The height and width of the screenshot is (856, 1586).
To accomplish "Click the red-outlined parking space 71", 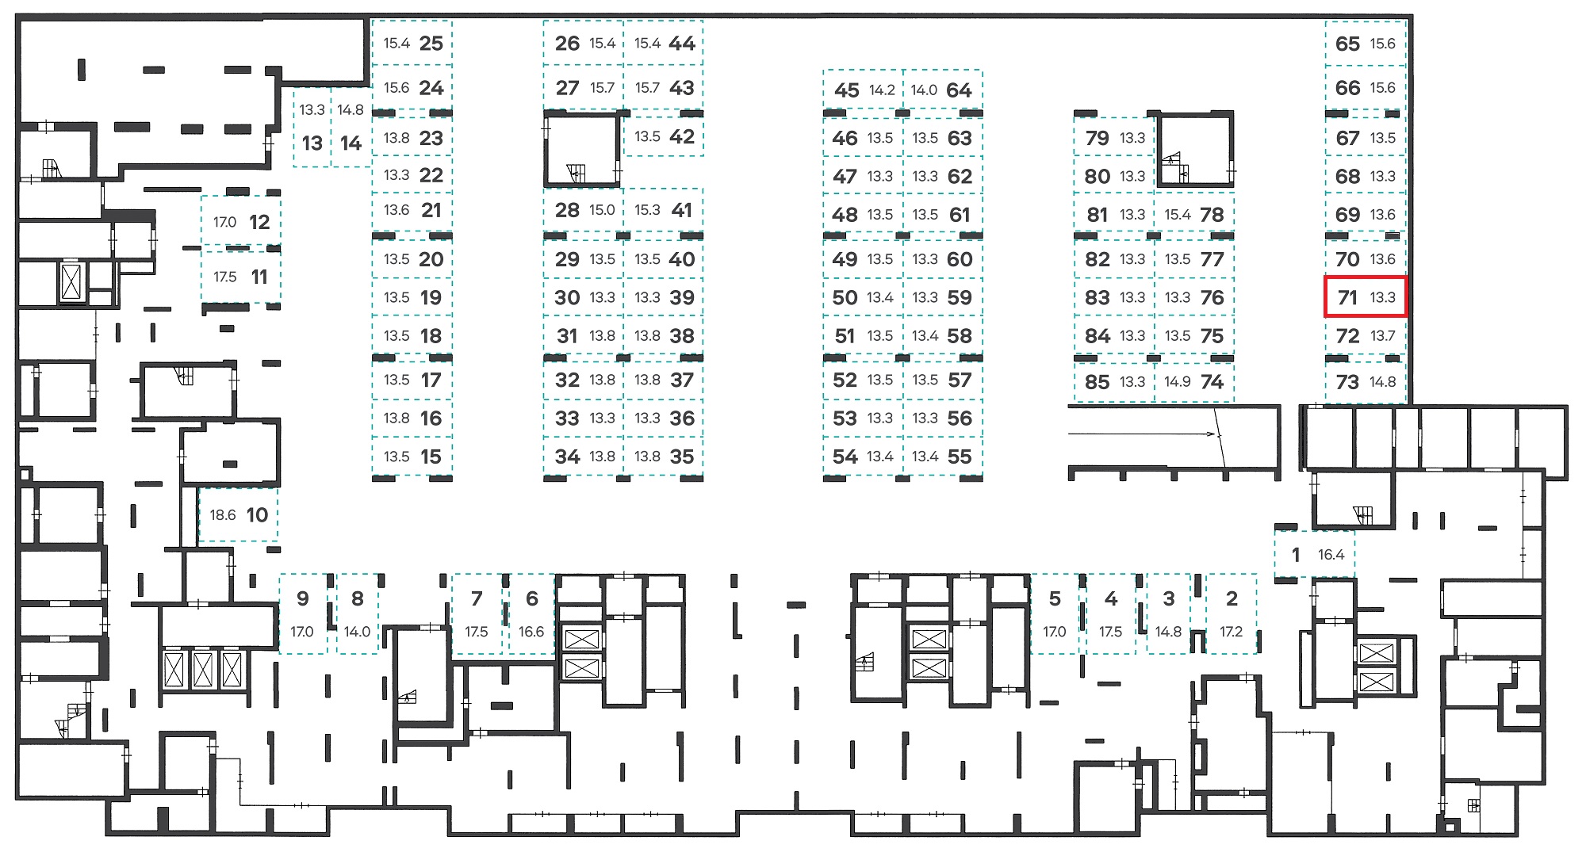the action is (1366, 297).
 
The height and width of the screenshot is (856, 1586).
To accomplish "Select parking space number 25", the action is (412, 43).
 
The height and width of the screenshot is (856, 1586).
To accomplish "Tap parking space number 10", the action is (239, 514).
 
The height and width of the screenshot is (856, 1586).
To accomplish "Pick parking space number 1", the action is (1314, 554).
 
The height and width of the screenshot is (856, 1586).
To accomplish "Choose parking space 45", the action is (864, 90).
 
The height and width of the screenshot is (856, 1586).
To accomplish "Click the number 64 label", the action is (959, 90).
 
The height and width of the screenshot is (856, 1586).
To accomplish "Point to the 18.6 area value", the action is (223, 515).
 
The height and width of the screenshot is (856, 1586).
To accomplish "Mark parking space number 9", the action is (303, 613).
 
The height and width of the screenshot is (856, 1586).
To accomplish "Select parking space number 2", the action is (1232, 613).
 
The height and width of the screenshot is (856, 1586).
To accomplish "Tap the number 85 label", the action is (1098, 382).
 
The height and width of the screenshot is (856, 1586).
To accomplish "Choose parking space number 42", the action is (664, 136).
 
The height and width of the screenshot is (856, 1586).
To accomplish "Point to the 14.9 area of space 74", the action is (1178, 382).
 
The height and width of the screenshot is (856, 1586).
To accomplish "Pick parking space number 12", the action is (241, 222).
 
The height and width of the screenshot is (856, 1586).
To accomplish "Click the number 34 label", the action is (567, 457).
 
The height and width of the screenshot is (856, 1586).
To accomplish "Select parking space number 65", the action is (1366, 43).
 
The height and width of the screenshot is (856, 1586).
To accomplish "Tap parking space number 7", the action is (477, 613).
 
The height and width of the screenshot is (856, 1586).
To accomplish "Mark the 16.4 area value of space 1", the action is (1331, 555).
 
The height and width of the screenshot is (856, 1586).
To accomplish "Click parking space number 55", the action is (943, 457).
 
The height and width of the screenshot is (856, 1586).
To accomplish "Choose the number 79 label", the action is (1098, 138).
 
